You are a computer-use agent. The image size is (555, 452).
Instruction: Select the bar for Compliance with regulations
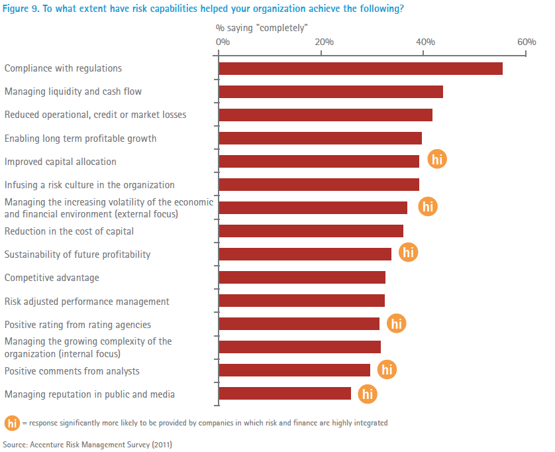pyautogui.click(x=360, y=68)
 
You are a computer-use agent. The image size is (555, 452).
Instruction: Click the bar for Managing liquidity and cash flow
pyautogui.click(x=330, y=91)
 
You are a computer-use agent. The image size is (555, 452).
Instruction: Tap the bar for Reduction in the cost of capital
pyautogui.click(x=311, y=231)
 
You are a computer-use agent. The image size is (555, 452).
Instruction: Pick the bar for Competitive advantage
pyautogui.click(x=302, y=278)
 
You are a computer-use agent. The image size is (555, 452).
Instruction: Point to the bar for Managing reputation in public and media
pyautogui.click(x=285, y=394)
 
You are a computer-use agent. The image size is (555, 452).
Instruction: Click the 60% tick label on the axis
pyautogui.click(x=527, y=42)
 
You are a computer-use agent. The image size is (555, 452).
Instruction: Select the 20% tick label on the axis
pyautogui.click(x=324, y=42)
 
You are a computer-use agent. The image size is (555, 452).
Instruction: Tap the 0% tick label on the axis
pyautogui.click(x=223, y=42)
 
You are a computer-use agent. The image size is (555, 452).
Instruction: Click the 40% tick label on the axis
pyautogui.click(x=425, y=42)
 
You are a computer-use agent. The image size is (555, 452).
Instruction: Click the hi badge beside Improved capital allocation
pyautogui.click(x=437, y=160)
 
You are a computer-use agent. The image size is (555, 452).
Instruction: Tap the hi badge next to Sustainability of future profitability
pyautogui.click(x=409, y=253)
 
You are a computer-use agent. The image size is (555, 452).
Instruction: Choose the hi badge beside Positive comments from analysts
pyautogui.click(x=387, y=370)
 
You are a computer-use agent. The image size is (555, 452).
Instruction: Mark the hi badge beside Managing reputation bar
pyautogui.click(x=368, y=394)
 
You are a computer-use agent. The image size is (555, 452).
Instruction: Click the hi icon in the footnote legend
pyautogui.click(x=12, y=423)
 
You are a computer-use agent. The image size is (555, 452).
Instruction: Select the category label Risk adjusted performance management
pyautogui.click(x=87, y=302)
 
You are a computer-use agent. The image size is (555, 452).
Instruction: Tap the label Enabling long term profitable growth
pyautogui.click(x=80, y=139)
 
